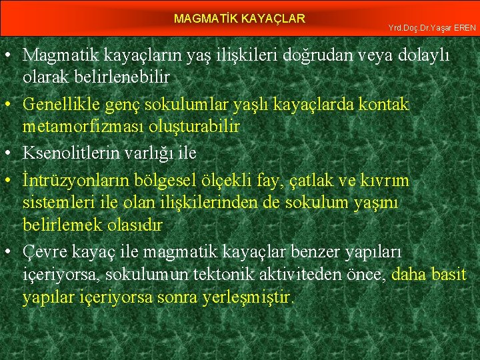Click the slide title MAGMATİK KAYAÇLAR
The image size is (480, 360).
(239, 19)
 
